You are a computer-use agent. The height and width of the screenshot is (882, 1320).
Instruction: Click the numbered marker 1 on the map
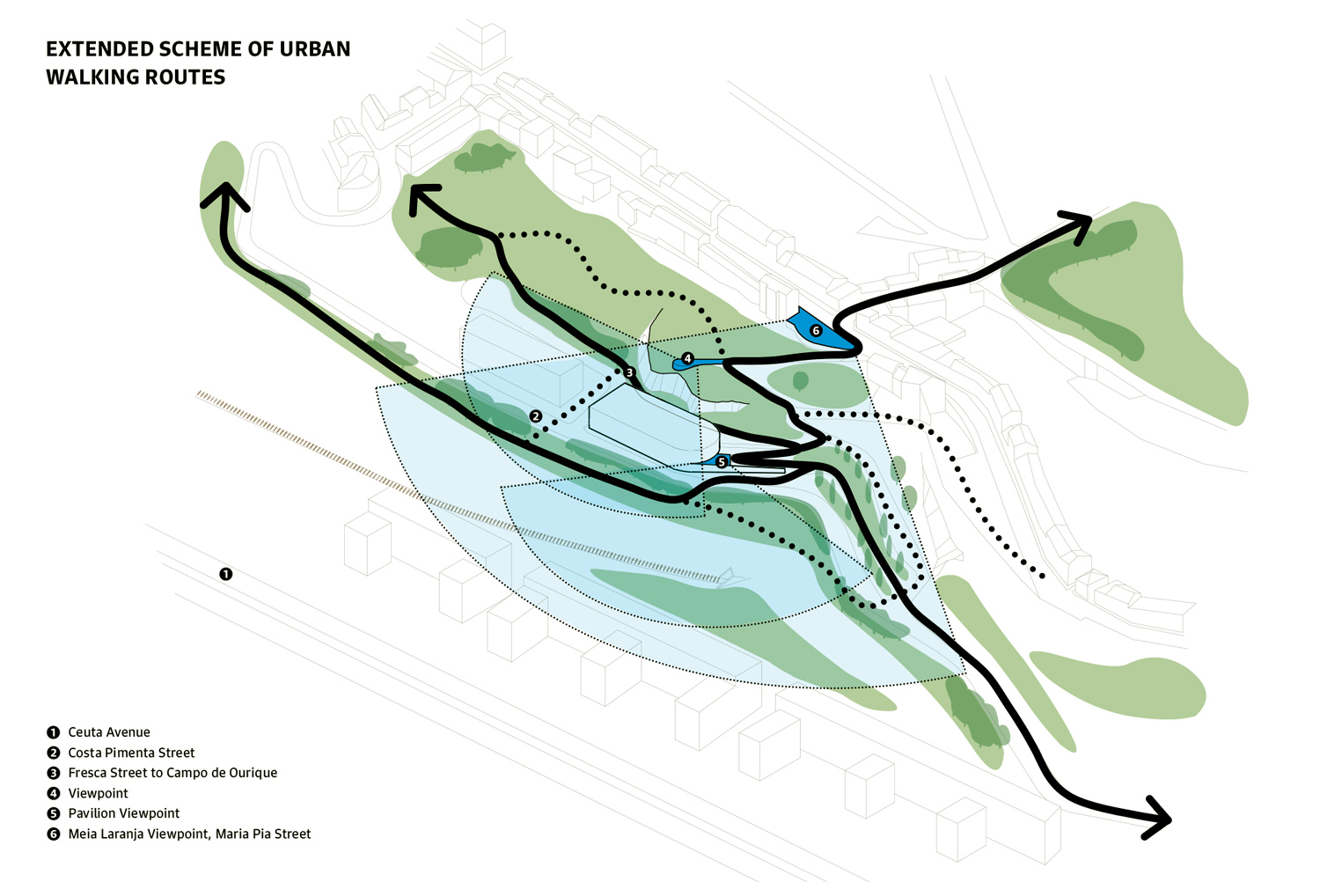tap(226, 574)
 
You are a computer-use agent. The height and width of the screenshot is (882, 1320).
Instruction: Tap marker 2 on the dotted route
tap(536, 415)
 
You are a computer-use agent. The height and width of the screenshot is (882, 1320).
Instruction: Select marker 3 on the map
tap(630, 373)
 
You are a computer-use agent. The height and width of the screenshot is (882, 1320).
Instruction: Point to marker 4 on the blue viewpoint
tap(687, 359)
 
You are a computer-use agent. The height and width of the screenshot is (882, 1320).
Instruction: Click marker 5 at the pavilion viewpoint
tap(722, 462)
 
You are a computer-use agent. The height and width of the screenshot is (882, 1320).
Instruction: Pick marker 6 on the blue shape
tap(816, 331)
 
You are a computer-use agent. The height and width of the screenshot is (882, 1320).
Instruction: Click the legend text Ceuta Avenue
tap(109, 732)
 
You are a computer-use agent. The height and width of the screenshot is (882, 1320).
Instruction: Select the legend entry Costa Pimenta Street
tap(131, 753)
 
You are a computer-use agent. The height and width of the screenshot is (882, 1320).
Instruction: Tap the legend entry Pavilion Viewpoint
tap(123, 813)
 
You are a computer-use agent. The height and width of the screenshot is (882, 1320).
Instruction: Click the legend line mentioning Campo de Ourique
tap(172, 773)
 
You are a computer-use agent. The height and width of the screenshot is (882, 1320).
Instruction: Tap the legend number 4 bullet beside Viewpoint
tap(54, 793)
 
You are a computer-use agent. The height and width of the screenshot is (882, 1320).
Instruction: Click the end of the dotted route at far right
tap(1043, 577)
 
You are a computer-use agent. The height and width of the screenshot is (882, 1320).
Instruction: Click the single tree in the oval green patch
tap(800, 381)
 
